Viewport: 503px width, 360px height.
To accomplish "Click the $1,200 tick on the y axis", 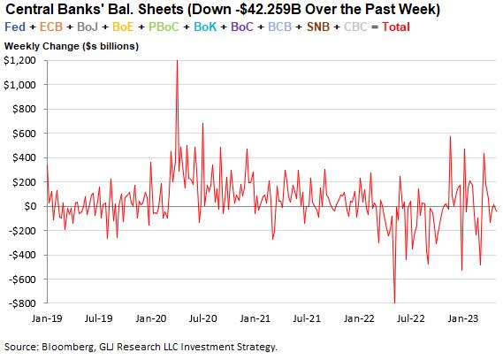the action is click(19, 60).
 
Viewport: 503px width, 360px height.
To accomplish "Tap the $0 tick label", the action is click(30, 206).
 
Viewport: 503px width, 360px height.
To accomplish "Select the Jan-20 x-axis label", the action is click(151, 318).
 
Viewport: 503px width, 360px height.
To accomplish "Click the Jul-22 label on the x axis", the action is click(410, 318).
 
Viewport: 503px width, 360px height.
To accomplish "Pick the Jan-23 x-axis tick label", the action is click(463, 318).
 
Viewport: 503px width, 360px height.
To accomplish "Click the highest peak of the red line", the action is click(177, 61).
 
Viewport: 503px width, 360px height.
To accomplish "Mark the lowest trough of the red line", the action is click(394, 303).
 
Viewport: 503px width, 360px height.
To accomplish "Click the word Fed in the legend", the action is click(15, 27).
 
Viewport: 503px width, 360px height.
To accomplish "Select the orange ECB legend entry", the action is click(51, 27).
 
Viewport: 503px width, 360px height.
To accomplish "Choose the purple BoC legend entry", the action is click(242, 27).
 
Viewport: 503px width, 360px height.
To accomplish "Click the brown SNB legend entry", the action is click(318, 27).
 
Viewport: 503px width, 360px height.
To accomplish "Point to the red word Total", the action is click(396, 27).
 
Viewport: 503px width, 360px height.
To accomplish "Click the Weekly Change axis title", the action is click(72, 46).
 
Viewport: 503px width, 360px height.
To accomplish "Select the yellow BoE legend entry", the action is click(123, 27).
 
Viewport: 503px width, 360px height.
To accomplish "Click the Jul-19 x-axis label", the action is click(99, 318).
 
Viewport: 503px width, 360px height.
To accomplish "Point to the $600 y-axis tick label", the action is click(25, 134).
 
